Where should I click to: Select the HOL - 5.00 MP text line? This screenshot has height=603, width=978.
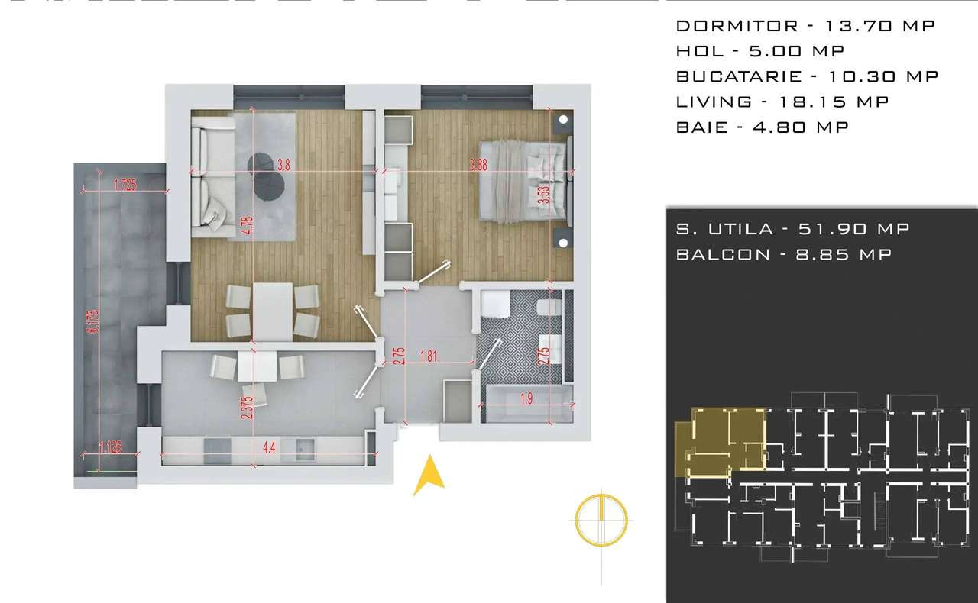[761, 51]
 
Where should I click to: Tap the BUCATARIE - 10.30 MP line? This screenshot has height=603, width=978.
[807, 76]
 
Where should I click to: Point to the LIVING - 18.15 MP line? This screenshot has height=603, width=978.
[782, 102]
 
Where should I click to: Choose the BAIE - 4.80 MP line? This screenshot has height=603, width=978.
[762, 127]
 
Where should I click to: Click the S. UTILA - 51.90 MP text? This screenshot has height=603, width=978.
[792, 229]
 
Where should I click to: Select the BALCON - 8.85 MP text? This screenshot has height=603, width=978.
[783, 254]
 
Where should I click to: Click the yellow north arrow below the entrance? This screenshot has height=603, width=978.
[429, 475]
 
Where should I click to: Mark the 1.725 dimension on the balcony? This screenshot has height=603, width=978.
[125, 184]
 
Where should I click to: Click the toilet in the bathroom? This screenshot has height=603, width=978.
[549, 306]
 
